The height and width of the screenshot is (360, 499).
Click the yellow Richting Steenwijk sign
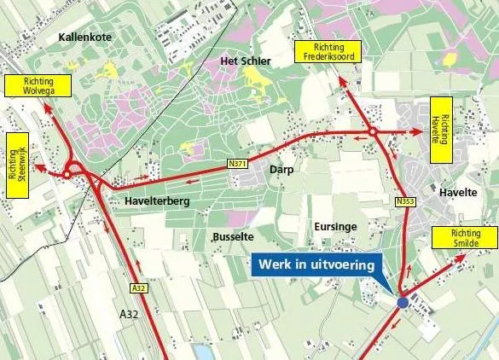pos(17,165)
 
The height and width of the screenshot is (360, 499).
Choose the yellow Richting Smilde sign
pos(465,238)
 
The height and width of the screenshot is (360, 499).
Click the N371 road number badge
pos(237,162)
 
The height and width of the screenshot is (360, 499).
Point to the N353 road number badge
pos(405,201)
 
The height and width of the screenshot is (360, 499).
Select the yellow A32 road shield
pos(138,288)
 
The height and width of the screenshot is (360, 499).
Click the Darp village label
pos(281,169)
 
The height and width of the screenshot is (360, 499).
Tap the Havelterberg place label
pos(155,200)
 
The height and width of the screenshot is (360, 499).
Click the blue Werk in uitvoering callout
pos(315,265)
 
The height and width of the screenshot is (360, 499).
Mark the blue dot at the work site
pos(403,302)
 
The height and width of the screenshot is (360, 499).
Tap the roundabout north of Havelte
pos(372,132)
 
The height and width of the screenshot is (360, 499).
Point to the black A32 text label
pos(129,315)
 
